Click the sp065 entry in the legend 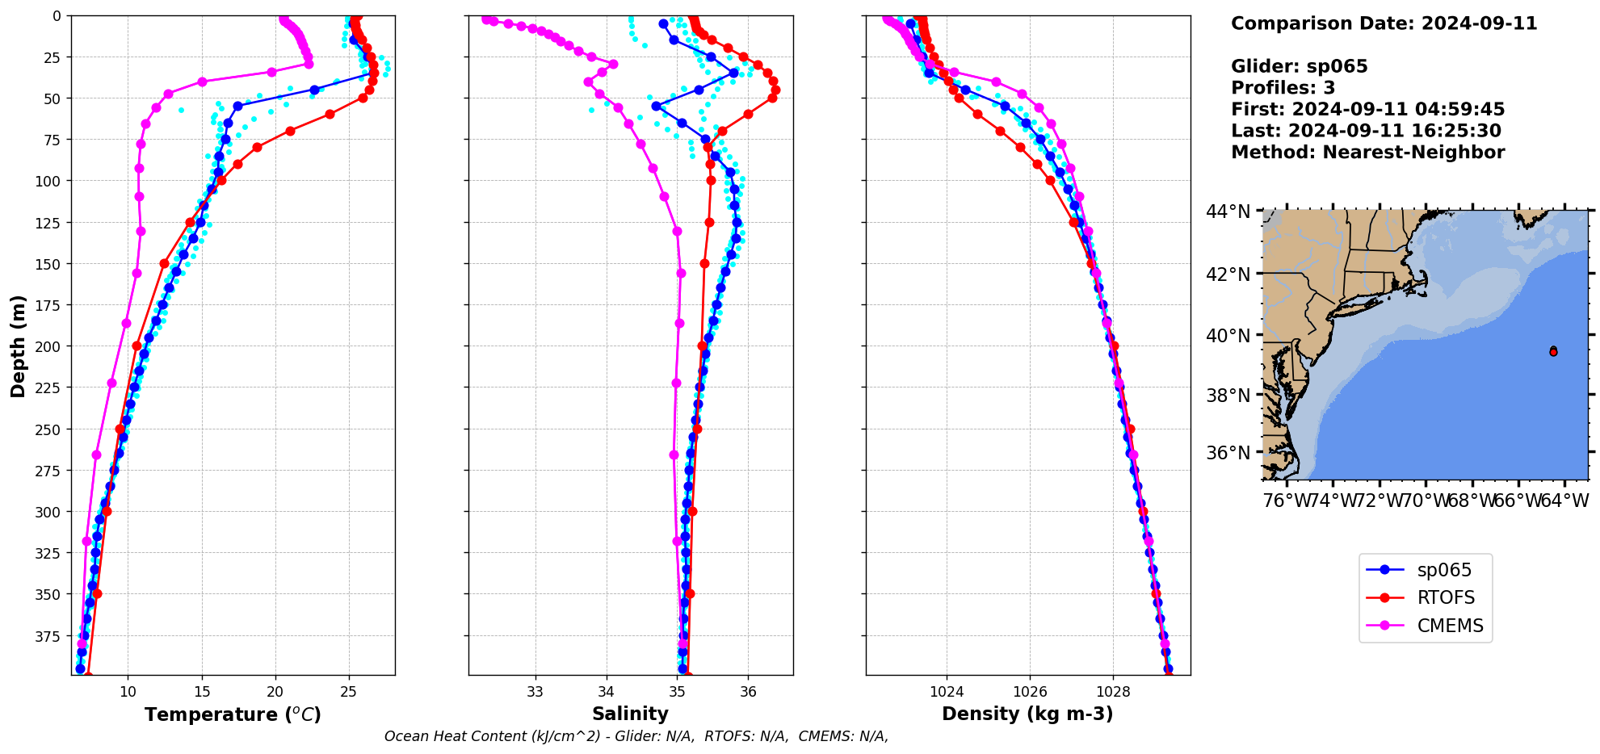pyautogui.click(x=1443, y=570)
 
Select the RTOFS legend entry pyautogui.click(x=1445, y=598)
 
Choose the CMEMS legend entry pyautogui.click(x=1450, y=626)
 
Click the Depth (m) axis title pyautogui.click(x=18, y=346)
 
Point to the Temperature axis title pyautogui.click(x=233, y=714)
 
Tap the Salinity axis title pyautogui.click(x=630, y=714)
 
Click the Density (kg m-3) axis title pyautogui.click(x=1027, y=714)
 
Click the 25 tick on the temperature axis pyautogui.click(x=349, y=692)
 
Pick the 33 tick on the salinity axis pyautogui.click(x=535, y=692)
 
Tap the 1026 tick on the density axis pyautogui.click(x=1030, y=692)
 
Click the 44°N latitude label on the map pyautogui.click(x=1228, y=212)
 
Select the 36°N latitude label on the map pyautogui.click(x=1228, y=453)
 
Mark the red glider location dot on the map pyautogui.click(x=1553, y=352)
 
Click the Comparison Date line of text pyautogui.click(x=1384, y=23)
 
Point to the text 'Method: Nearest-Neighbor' pyautogui.click(x=1367, y=153)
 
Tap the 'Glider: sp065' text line pyautogui.click(x=1299, y=66)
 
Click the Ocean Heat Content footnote pyautogui.click(x=636, y=736)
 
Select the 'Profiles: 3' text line pyautogui.click(x=1283, y=88)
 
